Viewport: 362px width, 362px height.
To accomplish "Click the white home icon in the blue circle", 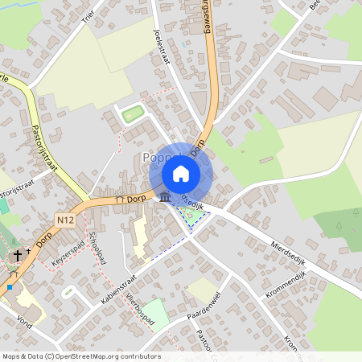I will pyautogui.click(x=180, y=174).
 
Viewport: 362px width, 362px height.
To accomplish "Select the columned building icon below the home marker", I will pyautogui.click(x=165, y=196).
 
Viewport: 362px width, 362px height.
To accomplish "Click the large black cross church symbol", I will pyautogui.click(x=17, y=256).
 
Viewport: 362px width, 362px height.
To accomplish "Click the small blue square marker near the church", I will pyautogui.click(x=10, y=286).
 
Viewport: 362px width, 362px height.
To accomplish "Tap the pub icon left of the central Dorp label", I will pyautogui.click(x=119, y=199).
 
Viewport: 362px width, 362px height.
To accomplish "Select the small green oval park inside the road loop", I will pyautogui.click(x=133, y=114).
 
